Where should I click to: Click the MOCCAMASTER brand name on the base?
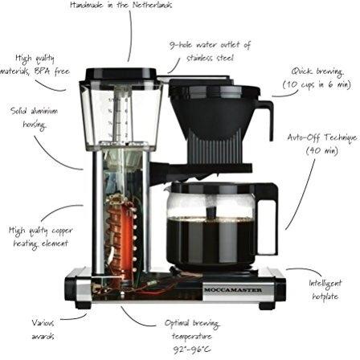233,290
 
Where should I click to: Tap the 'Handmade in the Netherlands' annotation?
121,6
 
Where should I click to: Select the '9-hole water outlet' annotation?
210,51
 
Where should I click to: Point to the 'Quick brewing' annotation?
317,79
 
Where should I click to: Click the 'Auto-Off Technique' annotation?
322,144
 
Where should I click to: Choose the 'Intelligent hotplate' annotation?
325,290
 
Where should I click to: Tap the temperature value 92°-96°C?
191,350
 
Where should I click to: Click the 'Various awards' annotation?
43,329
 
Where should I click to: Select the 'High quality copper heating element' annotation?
41,237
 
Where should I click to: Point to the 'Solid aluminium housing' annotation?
34,117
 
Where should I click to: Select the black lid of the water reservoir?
121,74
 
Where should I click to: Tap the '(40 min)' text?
322,150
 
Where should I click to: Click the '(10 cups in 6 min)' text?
317,85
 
